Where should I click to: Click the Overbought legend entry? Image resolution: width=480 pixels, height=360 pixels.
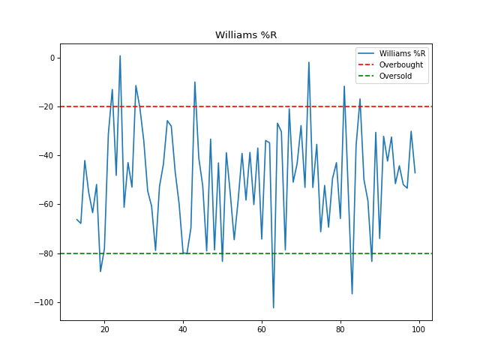[x=400, y=65]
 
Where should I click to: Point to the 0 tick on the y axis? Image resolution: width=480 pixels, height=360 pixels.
[x=52, y=58]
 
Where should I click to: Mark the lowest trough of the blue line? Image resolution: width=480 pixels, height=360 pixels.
[x=274, y=307]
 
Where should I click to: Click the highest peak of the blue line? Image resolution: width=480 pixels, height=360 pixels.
[x=120, y=55]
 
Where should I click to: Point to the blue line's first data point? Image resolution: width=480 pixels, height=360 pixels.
[x=77, y=219]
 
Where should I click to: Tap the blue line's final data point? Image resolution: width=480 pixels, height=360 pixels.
[x=415, y=173]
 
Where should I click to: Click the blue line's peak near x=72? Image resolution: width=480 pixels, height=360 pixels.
[x=309, y=62]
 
